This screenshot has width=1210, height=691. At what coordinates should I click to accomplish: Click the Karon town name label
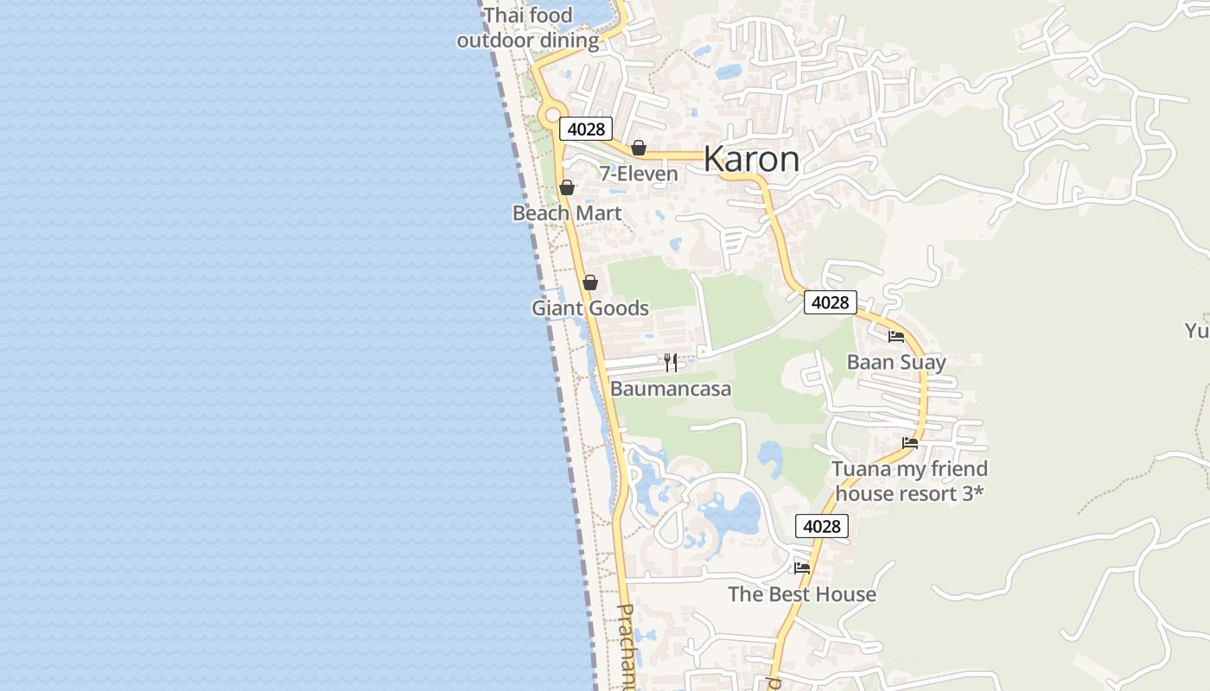point(752,159)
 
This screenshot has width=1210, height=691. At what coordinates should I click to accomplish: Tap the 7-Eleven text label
point(639,174)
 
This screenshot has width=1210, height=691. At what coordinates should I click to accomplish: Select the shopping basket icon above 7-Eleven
point(639,148)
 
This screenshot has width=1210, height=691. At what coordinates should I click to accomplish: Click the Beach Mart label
point(567,212)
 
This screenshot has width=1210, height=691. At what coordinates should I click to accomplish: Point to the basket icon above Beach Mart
point(567,187)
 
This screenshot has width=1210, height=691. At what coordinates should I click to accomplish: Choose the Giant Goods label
point(590,308)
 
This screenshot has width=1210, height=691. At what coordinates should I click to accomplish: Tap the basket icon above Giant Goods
point(590,282)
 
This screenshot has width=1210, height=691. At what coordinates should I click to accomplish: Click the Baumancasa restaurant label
point(671,389)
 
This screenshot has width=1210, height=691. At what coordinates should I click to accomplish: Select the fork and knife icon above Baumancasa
point(671,363)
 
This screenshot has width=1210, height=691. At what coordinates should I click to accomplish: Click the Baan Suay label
point(896,362)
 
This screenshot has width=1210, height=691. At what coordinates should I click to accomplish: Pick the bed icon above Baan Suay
point(896,337)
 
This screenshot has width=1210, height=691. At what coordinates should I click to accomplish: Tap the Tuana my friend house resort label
point(909,481)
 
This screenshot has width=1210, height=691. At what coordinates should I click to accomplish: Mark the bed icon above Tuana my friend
point(909,443)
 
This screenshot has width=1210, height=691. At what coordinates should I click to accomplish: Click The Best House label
point(802,594)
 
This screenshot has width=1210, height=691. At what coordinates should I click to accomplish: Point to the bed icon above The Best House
point(802,568)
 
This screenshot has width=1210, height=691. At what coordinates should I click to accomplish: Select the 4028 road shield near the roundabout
point(586,130)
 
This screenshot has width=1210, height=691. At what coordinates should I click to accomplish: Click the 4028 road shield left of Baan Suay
point(830,302)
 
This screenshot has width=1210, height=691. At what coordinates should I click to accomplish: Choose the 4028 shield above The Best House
point(821,526)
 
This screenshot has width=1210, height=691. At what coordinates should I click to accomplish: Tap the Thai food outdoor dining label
point(528,28)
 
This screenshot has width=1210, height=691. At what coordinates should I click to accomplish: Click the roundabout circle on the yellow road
point(551,115)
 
